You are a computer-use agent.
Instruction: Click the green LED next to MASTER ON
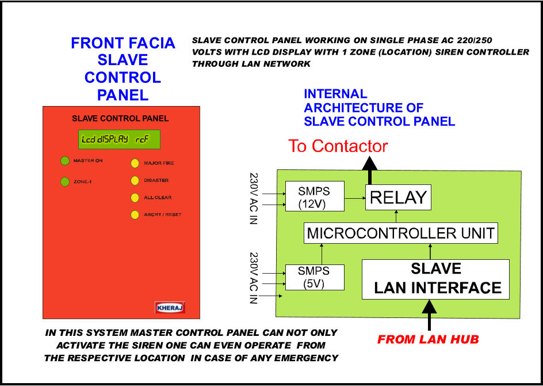pos(65,161)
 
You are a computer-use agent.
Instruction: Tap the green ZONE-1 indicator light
pos(65,181)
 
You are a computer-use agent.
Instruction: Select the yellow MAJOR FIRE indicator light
pos(135,164)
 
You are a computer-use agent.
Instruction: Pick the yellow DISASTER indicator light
pos(135,181)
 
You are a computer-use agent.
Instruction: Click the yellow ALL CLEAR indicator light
pos(135,198)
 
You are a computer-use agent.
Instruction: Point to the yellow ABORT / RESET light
pos(135,215)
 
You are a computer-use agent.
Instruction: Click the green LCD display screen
pos(119,139)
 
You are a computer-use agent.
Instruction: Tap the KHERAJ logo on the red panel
pos(170,308)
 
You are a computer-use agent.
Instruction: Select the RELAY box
pos(398,198)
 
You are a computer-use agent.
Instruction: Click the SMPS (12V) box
pos(315,196)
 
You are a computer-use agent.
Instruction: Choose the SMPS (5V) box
pos(315,278)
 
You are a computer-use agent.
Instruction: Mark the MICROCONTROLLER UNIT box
pos(401,233)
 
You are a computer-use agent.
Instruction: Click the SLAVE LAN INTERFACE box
pos(435,279)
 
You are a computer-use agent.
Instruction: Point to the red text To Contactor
pos(338,146)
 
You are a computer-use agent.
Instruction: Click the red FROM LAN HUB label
pos(428,339)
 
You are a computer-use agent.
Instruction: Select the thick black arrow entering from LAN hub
pos(430,315)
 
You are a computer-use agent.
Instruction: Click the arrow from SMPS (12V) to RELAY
pos(355,198)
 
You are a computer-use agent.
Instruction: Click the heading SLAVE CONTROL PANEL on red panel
pos(120,119)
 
